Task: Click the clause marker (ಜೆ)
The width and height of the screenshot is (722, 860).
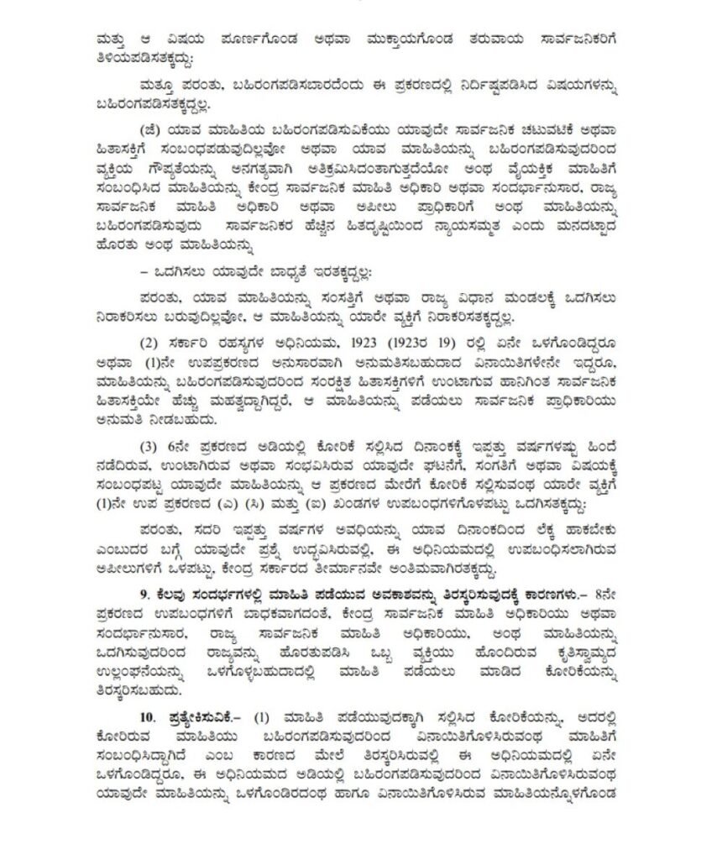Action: pyautogui.click(x=154, y=129)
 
